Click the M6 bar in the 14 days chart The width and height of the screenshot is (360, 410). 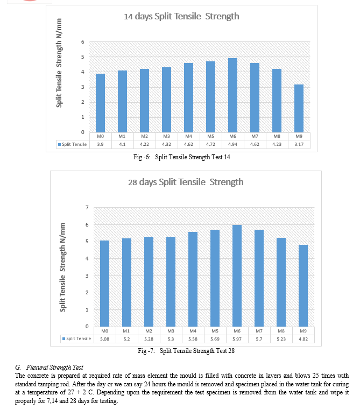[232, 95]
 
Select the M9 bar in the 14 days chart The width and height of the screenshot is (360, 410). [299, 108]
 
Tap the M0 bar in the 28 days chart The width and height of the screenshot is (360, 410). [104, 284]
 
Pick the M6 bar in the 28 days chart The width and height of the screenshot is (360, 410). [237, 276]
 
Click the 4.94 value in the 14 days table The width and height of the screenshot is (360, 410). [232, 144]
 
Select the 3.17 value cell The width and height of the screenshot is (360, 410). [299, 144]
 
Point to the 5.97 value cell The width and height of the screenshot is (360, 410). [237, 339]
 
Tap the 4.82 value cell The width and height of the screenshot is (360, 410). [303, 339]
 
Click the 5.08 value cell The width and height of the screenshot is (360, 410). [104, 339]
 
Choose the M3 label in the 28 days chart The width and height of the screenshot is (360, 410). [171, 331]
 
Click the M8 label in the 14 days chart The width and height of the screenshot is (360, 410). [277, 136]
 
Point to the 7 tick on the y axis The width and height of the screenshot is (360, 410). [87, 208]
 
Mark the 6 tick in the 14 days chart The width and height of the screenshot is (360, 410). [83, 42]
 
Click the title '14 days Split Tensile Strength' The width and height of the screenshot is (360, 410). [181, 16]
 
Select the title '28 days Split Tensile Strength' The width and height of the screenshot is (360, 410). [186, 182]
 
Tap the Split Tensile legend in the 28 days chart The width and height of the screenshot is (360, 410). [76, 338]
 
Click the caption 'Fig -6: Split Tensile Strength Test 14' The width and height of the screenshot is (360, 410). [182, 157]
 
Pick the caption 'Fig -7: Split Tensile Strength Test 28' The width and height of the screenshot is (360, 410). [186, 351]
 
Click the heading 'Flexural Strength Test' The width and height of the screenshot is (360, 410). [55, 367]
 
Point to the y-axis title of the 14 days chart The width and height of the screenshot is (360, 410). [59, 63]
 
